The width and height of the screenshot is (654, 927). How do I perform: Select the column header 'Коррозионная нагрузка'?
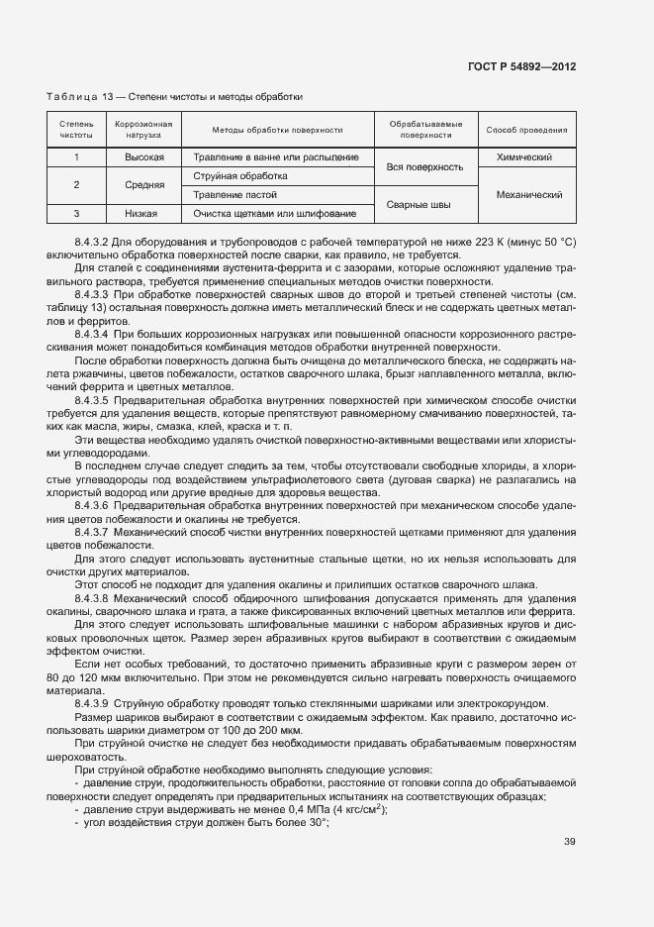pyautogui.click(x=143, y=130)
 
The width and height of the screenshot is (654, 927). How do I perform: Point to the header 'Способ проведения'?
pyautogui.click(x=526, y=130)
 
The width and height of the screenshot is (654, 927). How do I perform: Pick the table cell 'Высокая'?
pyautogui.click(x=143, y=157)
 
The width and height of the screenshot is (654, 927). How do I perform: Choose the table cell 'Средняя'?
pyautogui.click(x=143, y=185)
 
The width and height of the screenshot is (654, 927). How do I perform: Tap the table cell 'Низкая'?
pyautogui.click(x=143, y=213)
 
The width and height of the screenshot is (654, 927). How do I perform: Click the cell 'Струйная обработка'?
pyautogui.click(x=234, y=176)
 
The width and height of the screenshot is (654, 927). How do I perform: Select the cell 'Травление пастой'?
pyautogui.click(x=234, y=195)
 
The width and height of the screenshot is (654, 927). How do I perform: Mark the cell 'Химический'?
pyautogui.click(x=526, y=157)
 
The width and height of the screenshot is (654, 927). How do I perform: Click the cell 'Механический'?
pyautogui.click(x=526, y=195)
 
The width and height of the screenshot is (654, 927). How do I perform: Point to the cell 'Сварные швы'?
pyautogui.click(x=425, y=204)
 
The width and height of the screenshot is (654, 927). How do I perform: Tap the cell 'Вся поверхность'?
pyautogui.click(x=425, y=167)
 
